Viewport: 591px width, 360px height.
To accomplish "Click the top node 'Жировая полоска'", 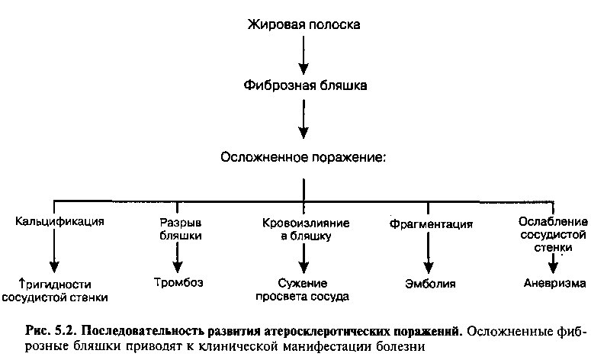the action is [304, 25].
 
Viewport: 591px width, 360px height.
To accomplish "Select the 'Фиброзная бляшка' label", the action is [305, 85].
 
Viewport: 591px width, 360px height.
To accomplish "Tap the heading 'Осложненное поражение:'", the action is [304, 157].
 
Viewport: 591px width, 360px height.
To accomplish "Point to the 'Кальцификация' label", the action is [59, 221].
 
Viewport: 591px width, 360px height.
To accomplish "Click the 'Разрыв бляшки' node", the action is [181, 229].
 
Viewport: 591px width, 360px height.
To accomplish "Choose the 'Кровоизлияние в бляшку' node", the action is [306, 230].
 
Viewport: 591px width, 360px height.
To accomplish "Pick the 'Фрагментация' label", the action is [431, 224].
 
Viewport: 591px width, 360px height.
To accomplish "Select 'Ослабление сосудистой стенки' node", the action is [553, 234].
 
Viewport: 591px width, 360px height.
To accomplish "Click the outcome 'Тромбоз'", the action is [178, 282].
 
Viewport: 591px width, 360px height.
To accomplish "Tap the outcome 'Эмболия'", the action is [430, 284].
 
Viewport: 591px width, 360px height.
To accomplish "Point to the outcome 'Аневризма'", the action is [554, 283].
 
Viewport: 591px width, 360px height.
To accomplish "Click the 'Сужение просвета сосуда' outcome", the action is [302, 290].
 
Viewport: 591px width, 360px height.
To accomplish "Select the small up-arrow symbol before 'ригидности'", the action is [22, 283].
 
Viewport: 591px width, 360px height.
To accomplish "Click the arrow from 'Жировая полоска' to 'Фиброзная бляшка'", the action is [304, 56].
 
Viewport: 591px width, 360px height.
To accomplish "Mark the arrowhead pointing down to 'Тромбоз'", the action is [178, 266].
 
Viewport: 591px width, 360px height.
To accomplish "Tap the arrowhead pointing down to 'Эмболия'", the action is [428, 267].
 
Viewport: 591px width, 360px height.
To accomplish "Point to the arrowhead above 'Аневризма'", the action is [553, 267].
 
